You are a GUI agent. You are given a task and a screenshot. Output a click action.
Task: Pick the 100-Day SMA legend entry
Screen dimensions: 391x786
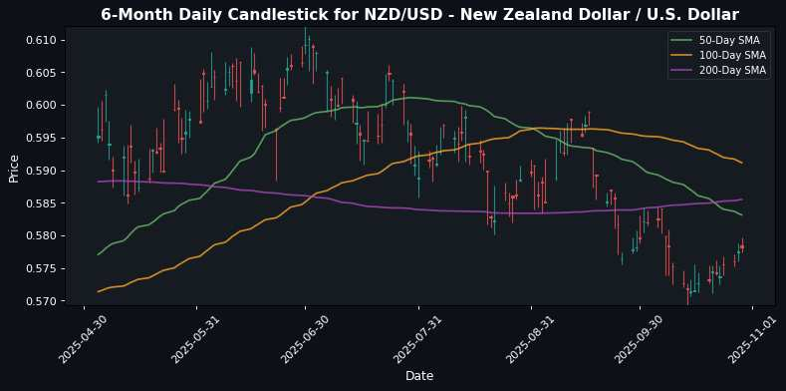pos(725,55)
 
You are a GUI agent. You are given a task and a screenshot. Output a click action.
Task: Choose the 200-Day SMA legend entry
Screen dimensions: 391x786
pos(725,70)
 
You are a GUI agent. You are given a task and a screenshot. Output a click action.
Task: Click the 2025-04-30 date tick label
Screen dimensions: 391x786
pos(79,338)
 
